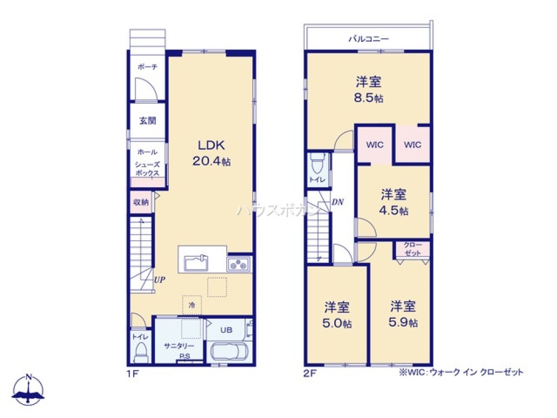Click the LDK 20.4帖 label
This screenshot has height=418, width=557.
(211, 153)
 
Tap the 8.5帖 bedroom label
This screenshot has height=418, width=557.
(369, 90)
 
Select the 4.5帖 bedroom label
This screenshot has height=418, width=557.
(394, 202)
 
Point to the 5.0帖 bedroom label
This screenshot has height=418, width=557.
(338, 315)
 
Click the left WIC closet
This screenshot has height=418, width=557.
(374, 145)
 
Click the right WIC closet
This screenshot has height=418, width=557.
(413, 145)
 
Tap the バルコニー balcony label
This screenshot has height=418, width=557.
(368, 39)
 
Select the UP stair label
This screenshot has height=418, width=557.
(159, 281)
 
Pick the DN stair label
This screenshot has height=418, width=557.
(338, 202)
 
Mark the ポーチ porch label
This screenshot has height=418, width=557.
(148, 67)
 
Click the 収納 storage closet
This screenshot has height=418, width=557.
(141, 202)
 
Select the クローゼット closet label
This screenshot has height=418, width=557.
(413, 249)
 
